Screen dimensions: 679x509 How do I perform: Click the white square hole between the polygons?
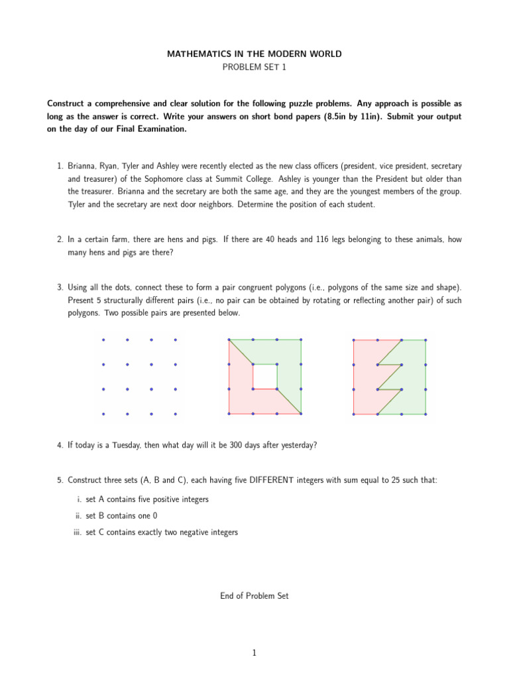click(265, 376)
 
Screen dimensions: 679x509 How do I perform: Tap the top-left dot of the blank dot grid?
click(103, 340)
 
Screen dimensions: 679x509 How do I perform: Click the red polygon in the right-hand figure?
click(365, 378)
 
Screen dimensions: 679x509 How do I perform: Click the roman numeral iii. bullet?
click(77, 532)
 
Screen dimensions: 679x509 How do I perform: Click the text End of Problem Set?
click(254, 596)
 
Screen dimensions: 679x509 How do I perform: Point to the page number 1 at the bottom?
click(254, 653)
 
